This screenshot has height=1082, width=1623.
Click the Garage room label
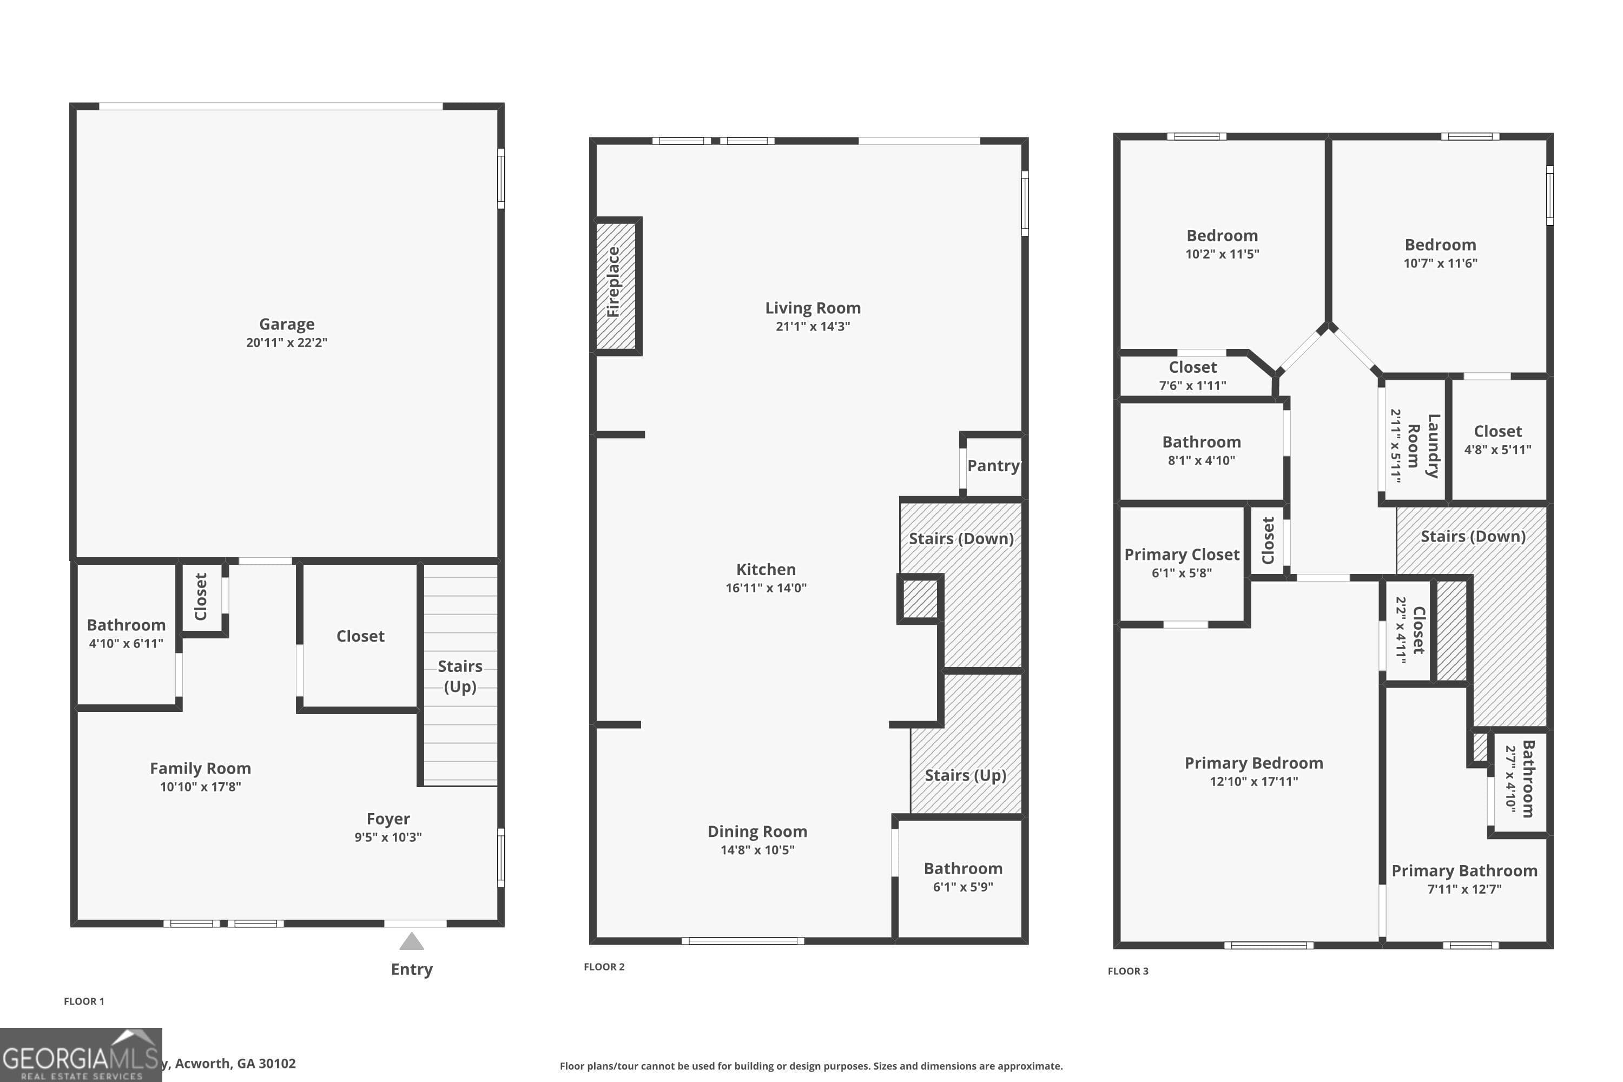(x=286, y=324)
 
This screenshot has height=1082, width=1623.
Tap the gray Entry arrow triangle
(x=411, y=942)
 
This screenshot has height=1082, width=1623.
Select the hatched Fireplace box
(x=616, y=286)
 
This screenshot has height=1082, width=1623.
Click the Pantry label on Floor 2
(x=993, y=466)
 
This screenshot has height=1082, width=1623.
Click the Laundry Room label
(x=1423, y=446)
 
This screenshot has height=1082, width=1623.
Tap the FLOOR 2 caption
(x=604, y=967)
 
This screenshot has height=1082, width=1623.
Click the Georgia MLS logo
(x=81, y=1055)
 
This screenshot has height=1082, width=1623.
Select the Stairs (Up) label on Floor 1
(x=459, y=676)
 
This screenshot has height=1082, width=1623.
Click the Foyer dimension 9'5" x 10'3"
(x=388, y=837)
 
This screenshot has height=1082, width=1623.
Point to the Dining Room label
(x=757, y=832)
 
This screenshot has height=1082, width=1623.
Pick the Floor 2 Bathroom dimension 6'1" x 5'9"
(x=962, y=887)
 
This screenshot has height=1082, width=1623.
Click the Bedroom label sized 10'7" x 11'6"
(x=1440, y=245)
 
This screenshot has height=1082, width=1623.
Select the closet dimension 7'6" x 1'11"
(x=1192, y=386)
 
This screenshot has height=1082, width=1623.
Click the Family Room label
(x=200, y=769)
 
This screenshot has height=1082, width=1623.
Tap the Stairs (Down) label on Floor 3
(x=1473, y=536)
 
